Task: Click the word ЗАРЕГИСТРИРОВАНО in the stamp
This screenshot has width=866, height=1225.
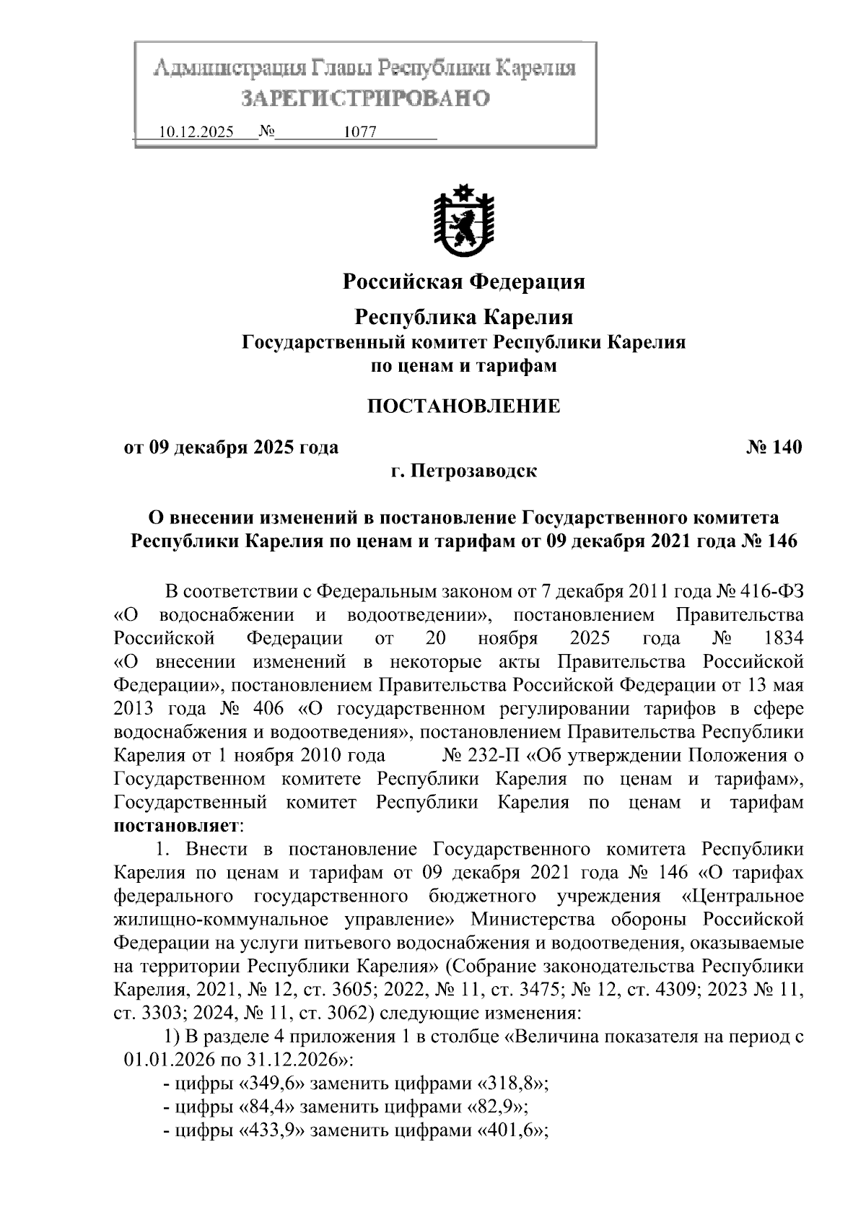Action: [x=365, y=97]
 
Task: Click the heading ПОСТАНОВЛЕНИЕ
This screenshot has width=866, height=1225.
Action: [x=463, y=406]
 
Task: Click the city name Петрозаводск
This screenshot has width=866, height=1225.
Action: [x=474, y=471]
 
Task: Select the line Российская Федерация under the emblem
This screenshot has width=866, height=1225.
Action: [x=463, y=282]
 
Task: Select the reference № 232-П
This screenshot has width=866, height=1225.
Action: [x=481, y=756]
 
